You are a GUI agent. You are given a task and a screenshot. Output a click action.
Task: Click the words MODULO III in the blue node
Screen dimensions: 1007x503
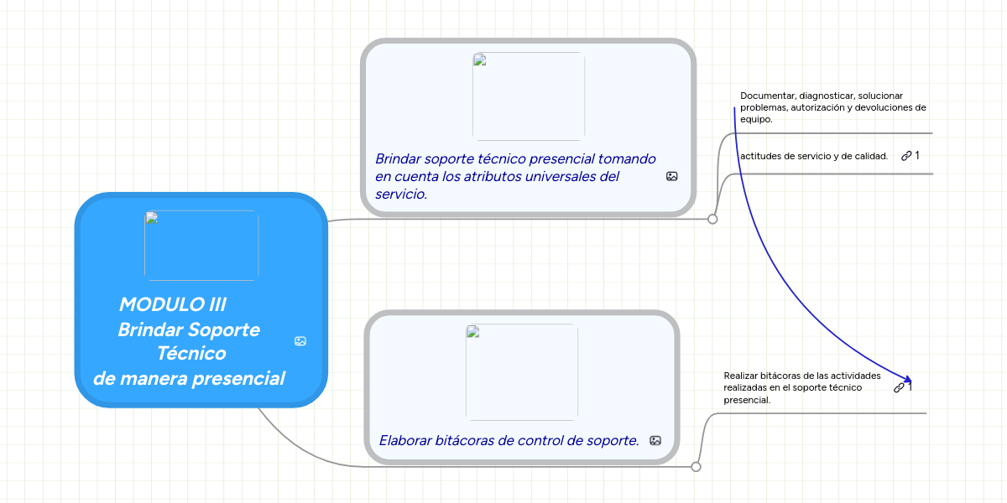(173, 304)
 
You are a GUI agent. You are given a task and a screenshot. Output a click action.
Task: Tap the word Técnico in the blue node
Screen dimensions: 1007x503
(191, 354)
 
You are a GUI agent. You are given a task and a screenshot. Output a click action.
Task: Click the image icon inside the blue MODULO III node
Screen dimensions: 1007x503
(300, 341)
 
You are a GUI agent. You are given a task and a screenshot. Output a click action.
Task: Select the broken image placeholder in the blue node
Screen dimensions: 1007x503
(201, 246)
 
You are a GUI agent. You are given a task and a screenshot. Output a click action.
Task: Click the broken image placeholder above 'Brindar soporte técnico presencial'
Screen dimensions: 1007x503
(529, 96)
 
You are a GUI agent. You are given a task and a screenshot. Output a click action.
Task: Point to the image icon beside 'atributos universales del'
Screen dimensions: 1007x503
(671, 177)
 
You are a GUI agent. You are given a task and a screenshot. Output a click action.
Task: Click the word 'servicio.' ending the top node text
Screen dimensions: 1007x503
(401, 194)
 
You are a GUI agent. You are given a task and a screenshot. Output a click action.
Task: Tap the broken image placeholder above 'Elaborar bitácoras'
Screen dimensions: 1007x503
(522, 372)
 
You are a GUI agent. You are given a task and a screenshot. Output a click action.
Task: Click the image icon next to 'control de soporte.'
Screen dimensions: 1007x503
(655, 441)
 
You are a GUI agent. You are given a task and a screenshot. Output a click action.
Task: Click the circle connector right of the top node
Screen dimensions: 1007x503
(712, 219)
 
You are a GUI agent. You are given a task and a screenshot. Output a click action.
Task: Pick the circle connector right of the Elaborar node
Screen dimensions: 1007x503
(696, 467)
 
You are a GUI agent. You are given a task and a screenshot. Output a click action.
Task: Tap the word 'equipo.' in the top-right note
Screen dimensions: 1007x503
(756, 119)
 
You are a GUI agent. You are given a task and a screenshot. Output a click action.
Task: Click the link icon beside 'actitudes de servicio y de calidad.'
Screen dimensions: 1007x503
(906, 156)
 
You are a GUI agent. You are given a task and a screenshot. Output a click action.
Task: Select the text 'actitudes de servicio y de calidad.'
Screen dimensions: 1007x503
(814, 156)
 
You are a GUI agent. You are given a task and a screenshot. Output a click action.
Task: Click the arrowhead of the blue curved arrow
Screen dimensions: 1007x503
(908, 380)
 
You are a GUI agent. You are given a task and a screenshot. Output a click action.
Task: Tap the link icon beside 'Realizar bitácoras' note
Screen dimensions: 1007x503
(899, 387)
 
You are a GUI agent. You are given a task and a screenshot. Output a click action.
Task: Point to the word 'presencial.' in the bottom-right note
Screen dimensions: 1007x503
(747, 400)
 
